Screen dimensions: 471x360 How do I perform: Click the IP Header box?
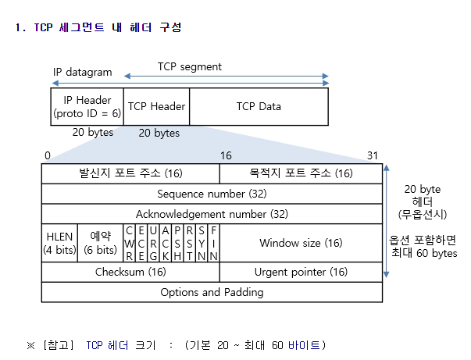tap(87, 107)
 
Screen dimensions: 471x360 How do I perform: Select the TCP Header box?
tap(155, 107)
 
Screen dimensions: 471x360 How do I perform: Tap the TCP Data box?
tap(259, 107)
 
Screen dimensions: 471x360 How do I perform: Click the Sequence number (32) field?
tap(212, 193)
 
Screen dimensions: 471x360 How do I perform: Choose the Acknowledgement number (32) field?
tap(212, 213)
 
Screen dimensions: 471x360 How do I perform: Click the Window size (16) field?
tap(301, 243)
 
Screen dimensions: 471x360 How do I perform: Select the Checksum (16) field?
tap(130, 273)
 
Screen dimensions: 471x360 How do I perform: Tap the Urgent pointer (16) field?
tap(301, 273)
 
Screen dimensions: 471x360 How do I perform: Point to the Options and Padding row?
tap(212, 293)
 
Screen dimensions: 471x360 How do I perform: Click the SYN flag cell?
tap(202, 243)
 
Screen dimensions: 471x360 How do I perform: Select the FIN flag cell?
tap(214, 243)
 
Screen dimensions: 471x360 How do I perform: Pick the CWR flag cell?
tap(130, 243)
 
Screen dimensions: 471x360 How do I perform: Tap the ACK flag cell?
tap(166, 243)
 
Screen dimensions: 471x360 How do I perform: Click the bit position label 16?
tap(226, 155)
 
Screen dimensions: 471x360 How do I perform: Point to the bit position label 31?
tap(372, 155)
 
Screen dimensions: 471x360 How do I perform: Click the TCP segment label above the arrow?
tap(189, 67)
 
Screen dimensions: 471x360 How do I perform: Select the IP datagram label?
tap(82, 73)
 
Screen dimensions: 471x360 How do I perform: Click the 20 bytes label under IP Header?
tap(93, 132)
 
